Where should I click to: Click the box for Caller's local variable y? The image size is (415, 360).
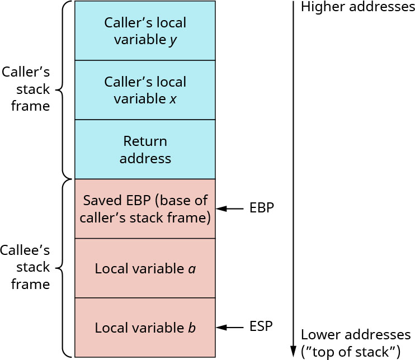145,31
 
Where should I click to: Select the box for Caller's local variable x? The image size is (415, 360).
145,90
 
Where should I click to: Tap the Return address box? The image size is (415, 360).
145,149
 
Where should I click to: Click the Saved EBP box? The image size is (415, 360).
145,209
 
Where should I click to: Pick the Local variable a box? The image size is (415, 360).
145,268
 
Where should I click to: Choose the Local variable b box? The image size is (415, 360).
145,328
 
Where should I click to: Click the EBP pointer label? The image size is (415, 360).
262,209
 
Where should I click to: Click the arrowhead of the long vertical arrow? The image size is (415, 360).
293,352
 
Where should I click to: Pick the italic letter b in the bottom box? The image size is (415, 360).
192,328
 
